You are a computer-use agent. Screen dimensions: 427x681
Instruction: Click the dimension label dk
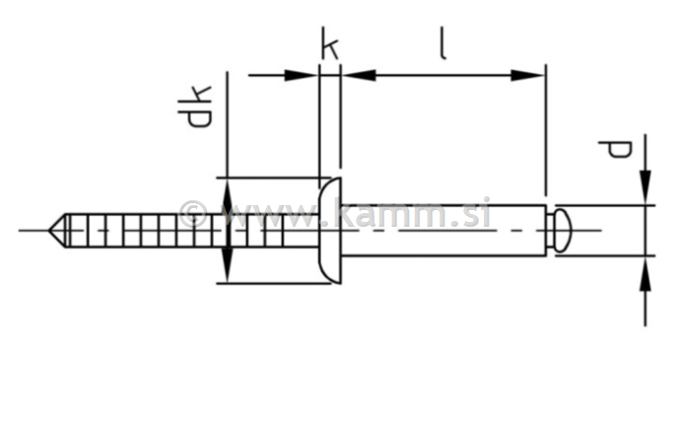194,107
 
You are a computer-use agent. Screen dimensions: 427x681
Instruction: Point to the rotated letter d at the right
617,150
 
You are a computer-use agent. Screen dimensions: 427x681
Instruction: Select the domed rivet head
330,230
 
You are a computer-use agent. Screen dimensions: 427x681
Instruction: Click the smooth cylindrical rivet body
443,231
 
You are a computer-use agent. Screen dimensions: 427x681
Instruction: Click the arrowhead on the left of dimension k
302,74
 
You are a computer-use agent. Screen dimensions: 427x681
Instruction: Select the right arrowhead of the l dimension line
529,74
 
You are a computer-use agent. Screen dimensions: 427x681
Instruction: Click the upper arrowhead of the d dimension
645,187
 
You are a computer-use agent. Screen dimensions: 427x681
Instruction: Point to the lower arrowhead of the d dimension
645,274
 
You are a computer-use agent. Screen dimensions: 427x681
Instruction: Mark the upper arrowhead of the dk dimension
228,193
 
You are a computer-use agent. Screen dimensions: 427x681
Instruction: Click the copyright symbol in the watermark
193,214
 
